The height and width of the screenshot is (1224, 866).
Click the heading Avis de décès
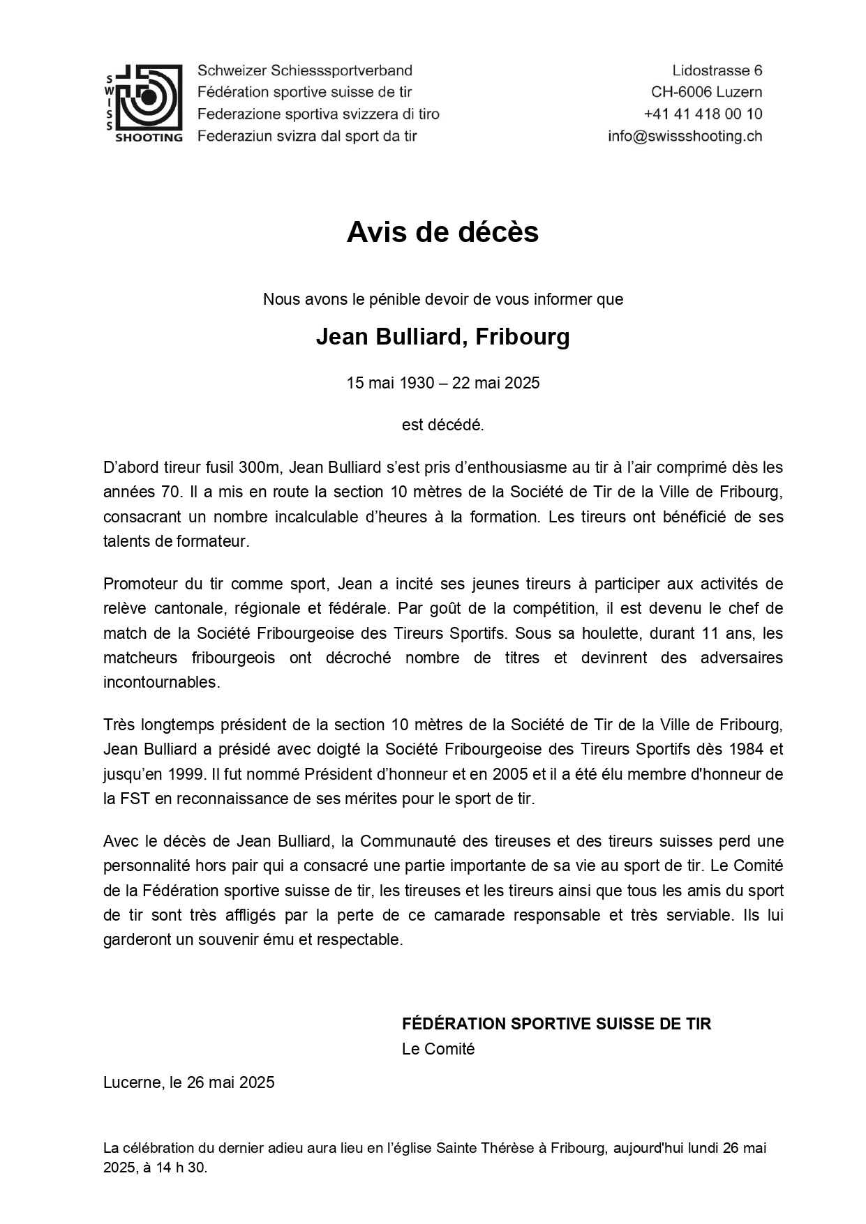point(442,232)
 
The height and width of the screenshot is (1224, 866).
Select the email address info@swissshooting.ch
point(684,136)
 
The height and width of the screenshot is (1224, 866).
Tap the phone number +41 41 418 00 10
point(702,114)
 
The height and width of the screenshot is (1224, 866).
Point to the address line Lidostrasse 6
point(717,70)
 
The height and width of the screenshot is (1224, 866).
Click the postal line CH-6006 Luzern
point(706,92)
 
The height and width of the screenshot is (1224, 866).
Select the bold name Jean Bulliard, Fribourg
point(442,337)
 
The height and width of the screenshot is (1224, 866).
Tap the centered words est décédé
point(442,425)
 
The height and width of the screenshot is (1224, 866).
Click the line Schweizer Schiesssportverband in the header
point(305,70)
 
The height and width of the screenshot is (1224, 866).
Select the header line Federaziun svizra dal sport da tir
point(307,136)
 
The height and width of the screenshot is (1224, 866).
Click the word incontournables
point(161,682)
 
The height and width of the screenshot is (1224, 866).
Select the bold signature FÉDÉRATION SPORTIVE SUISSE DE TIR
point(556,1024)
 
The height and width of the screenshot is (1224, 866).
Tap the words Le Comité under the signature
point(438,1049)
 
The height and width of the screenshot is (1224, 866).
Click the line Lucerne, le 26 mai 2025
point(188,1082)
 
